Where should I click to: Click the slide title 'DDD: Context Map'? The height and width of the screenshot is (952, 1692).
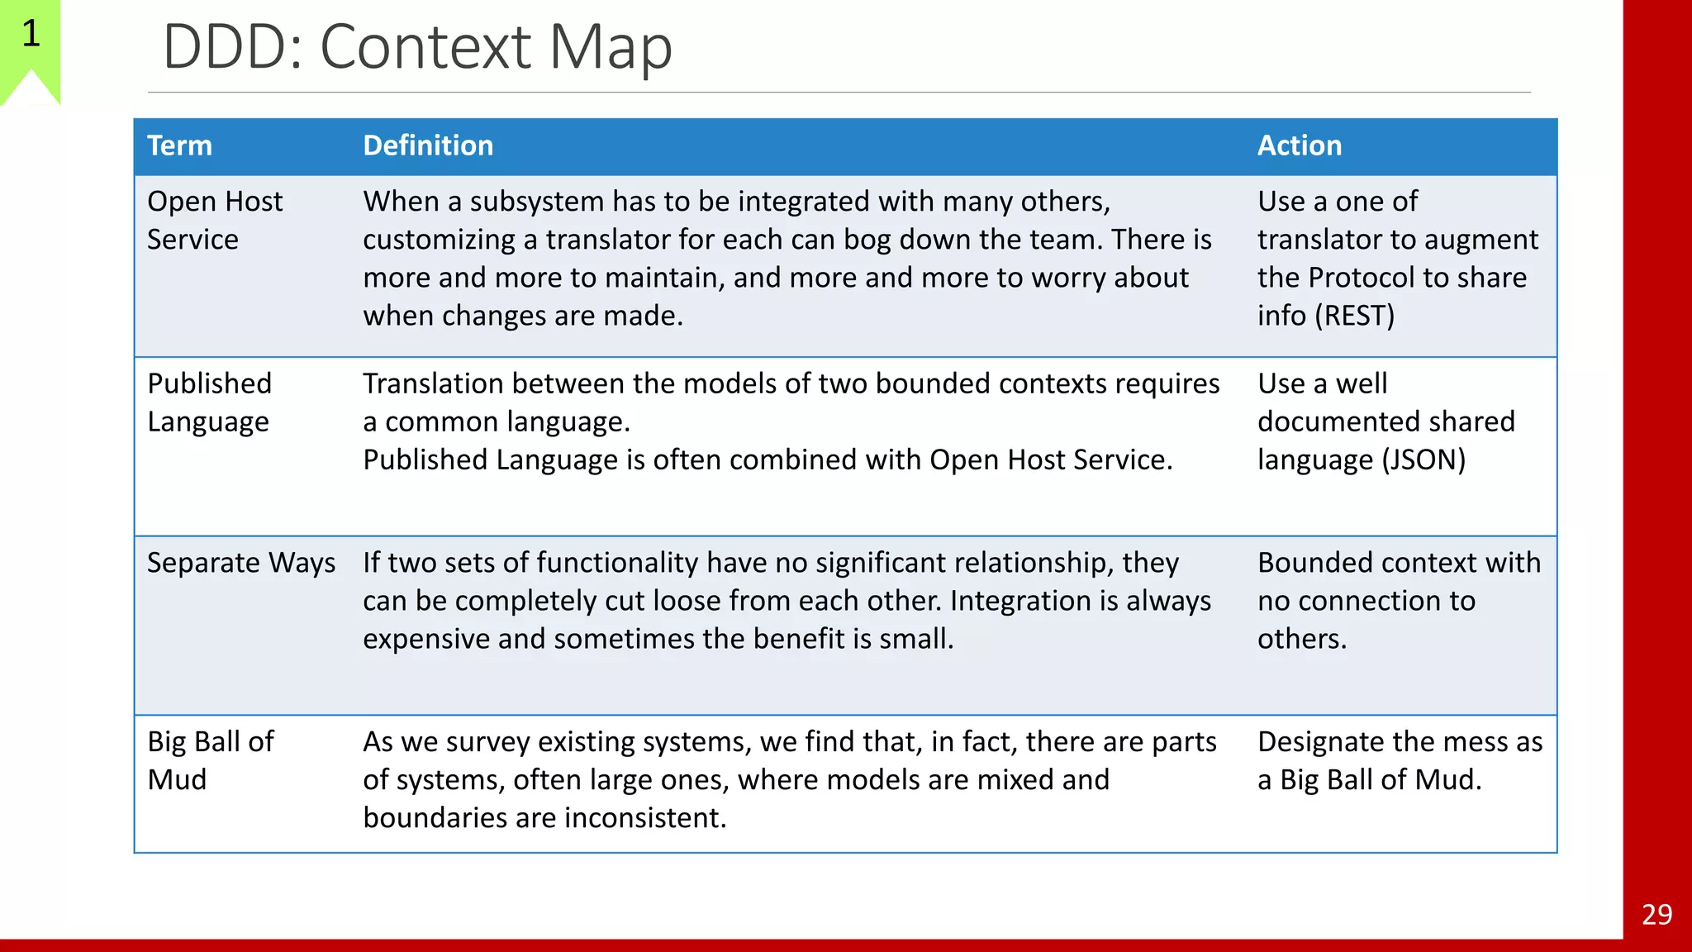click(x=417, y=47)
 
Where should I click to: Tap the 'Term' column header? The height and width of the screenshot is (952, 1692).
click(x=179, y=146)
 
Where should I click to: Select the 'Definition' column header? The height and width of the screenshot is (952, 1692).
click(x=428, y=146)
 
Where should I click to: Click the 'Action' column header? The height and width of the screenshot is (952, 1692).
click(x=1299, y=146)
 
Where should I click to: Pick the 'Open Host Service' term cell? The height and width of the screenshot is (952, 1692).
click(x=215, y=221)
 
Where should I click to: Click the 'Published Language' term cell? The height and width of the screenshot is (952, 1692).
click(x=209, y=402)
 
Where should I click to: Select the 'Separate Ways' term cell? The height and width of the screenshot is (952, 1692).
click(x=241, y=563)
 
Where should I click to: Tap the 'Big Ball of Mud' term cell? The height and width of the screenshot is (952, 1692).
click(x=210, y=760)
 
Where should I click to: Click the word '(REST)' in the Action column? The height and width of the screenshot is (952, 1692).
click(x=1354, y=316)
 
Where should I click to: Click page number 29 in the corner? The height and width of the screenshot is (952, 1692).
click(x=1656, y=915)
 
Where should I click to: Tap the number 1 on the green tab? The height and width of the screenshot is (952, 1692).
click(x=31, y=34)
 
